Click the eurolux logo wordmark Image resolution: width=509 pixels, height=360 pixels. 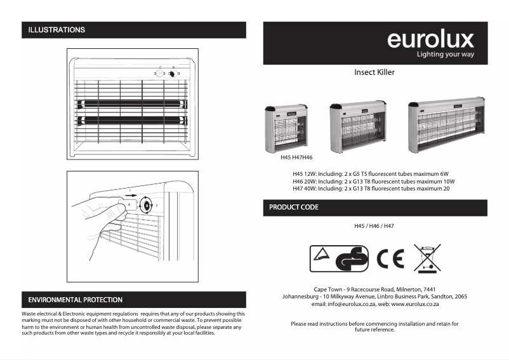(x=430, y=39)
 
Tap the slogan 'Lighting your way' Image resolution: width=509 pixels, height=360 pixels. (x=445, y=55)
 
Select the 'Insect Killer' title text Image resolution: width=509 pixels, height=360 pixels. (x=374, y=72)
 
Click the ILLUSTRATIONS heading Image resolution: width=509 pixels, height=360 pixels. (x=56, y=30)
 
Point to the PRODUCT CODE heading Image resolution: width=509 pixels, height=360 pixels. (x=294, y=208)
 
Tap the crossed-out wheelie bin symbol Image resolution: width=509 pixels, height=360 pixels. (x=427, y=258)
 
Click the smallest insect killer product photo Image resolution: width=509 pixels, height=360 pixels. (x=287, y=127)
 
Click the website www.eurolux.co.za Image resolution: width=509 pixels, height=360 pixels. (x=416, y=305)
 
